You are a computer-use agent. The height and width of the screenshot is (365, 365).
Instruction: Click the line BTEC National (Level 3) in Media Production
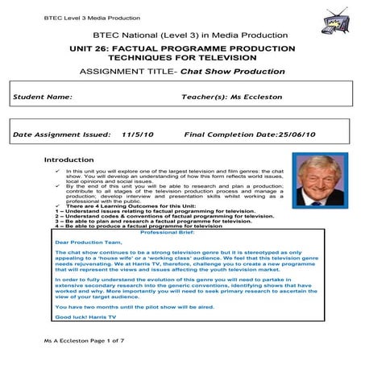[x=182, y=35]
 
